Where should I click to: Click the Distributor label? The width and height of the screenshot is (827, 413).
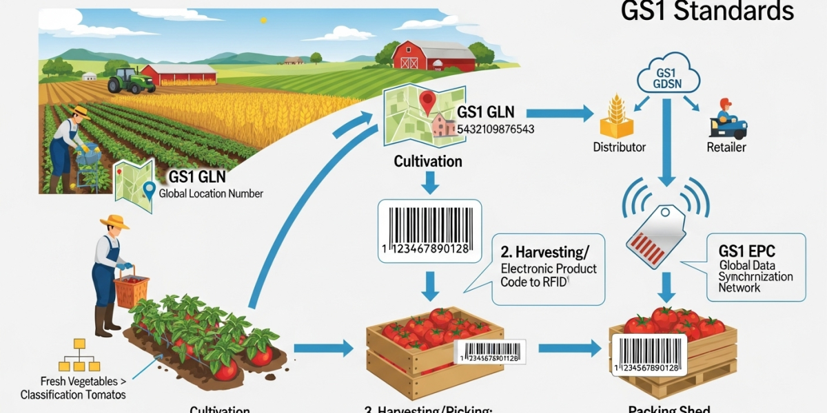(x=619, y=147)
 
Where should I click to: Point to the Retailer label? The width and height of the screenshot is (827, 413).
(x=726, y=147)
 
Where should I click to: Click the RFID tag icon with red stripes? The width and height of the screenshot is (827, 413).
(x=655, y=228)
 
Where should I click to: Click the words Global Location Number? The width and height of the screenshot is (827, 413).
(x=211, y=193)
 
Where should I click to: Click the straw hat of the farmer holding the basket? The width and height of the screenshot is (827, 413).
(x=114, y=222)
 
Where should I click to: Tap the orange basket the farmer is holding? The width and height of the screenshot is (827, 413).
(x=131, y=290)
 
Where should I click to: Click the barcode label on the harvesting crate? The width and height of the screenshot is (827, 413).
(x=489, y=352)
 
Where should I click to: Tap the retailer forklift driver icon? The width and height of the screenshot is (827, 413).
(x=726, y=120)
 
